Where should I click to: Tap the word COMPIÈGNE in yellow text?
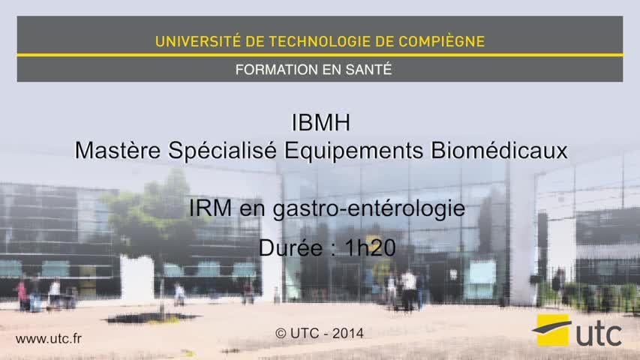point(442,41)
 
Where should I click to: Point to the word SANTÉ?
point(368,69)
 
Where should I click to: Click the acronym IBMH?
point(321,122)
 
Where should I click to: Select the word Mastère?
point(118,150)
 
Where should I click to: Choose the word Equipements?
point(354,151)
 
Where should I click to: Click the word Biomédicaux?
point(499,150)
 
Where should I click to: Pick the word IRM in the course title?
point(210,208)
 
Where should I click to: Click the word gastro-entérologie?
point(369,209)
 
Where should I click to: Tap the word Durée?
point(290,247)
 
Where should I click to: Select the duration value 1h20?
point(370,247)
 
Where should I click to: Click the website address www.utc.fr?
point(49,338)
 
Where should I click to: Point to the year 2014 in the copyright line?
point(347,334)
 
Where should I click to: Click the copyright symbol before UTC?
point(281,334)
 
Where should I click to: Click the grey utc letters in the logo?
point(599,334)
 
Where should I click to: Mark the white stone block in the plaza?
point(137,280)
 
